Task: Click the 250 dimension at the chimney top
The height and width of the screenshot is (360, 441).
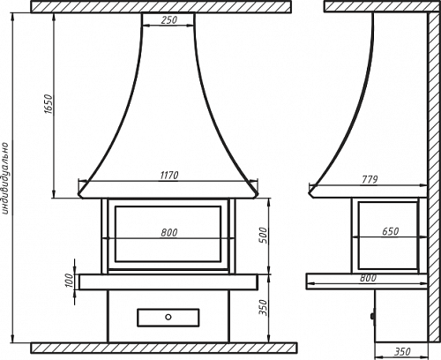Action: (x=169, y=20)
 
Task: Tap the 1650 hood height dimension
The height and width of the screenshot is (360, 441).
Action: (x=49, y=104)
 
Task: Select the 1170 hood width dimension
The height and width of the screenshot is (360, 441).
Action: (x=169, y=176)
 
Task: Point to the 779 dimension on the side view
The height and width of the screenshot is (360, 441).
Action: (x=370, y=179)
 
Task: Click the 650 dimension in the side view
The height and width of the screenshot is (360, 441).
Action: (x=391, y=232)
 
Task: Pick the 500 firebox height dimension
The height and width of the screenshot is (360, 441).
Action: (x=264, y=236)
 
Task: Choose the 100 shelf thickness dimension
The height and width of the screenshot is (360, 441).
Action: (x=69, y=281)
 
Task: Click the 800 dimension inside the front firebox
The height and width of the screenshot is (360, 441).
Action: (x=169, y=233)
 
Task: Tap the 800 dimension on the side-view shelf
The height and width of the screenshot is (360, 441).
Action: (x=368, y=278)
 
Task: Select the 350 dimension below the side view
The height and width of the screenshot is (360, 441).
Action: (x=402, y=351)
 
